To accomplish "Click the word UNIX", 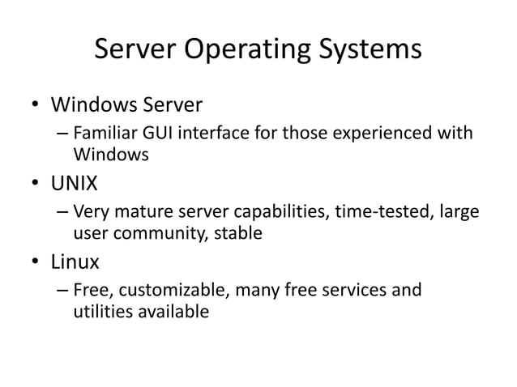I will (75, 184).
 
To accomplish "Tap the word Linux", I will (75, 262).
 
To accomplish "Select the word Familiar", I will (101, 132).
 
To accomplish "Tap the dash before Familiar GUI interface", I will (62, 132).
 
